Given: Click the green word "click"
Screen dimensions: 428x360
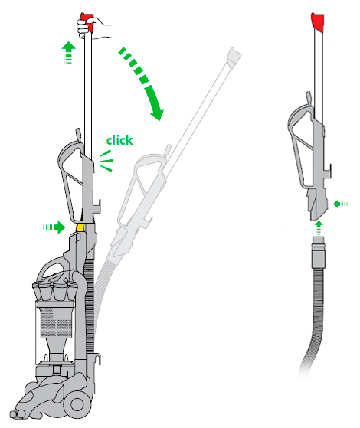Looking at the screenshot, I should [x=119, y=140].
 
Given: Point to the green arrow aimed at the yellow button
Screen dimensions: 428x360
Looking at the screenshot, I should [x=54, y=227].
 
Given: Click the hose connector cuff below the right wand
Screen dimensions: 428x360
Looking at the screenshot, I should [x=319, y=252].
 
